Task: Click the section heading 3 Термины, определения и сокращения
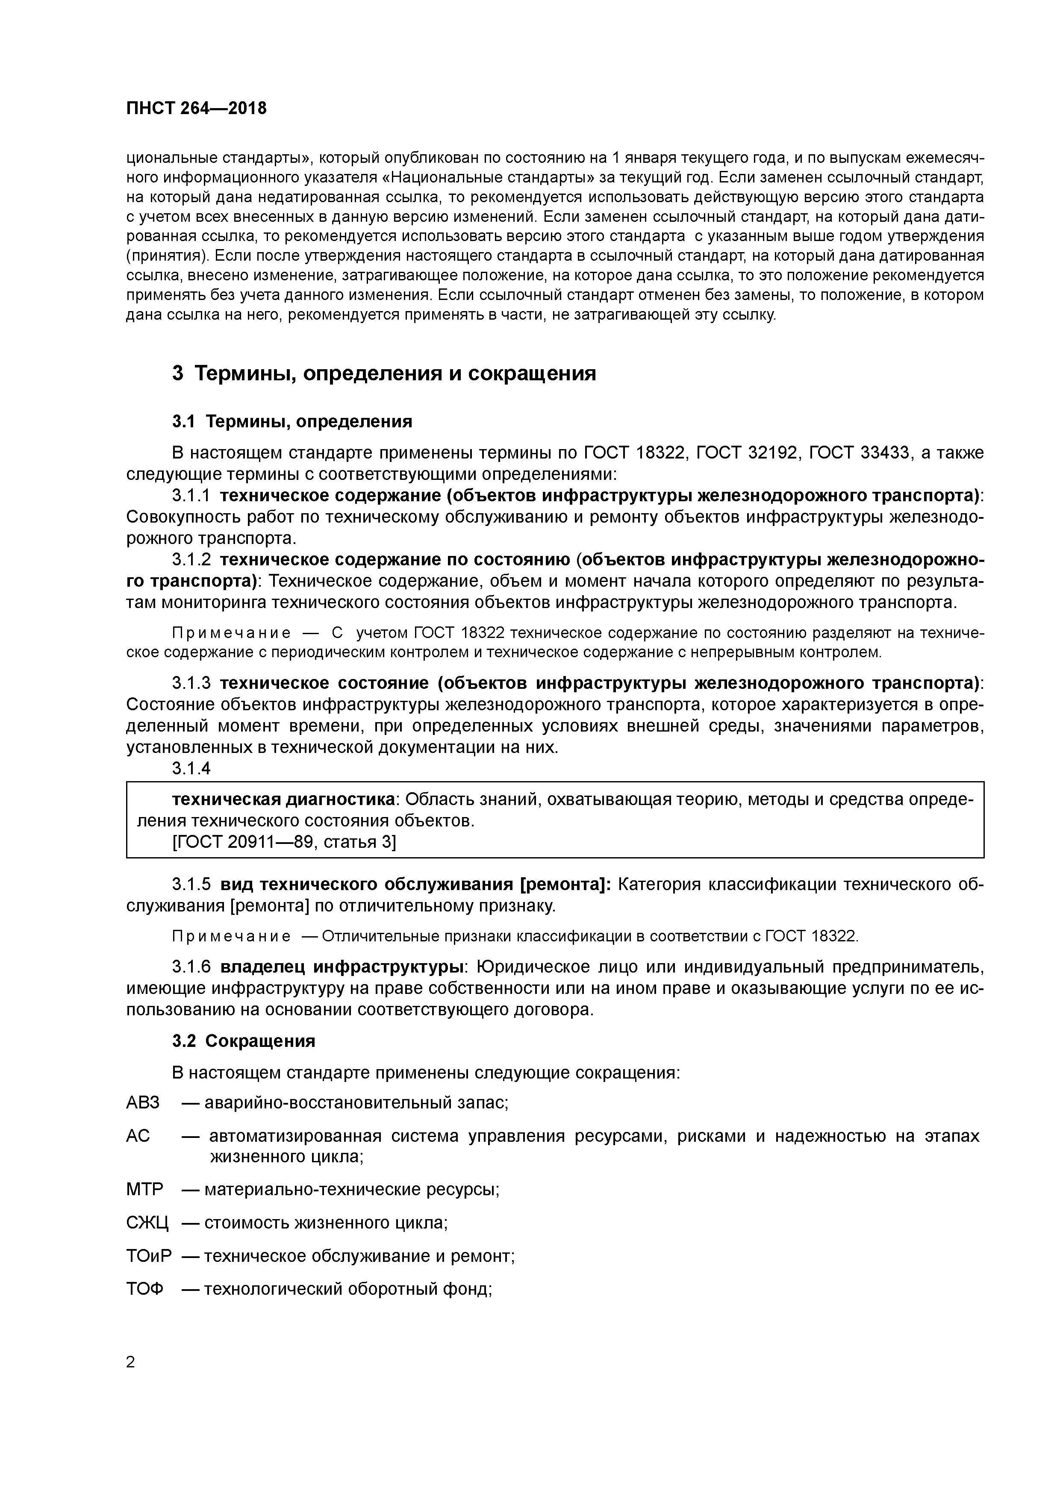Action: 384,373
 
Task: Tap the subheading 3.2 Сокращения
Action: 244,1040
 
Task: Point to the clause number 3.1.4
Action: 191,768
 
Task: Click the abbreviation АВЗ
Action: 142,1103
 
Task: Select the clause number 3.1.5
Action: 191,885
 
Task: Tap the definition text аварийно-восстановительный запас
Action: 356,1103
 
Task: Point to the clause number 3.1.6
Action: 191,966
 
